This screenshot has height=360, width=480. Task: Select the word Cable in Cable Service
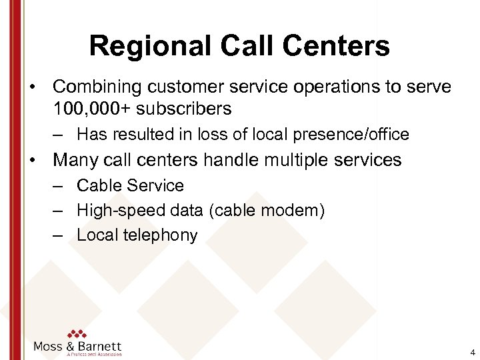point(98,185)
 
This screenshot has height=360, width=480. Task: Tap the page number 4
point(472,353)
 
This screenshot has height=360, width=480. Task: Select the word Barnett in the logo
point(97,347)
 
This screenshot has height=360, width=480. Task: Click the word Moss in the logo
point(49,347)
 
